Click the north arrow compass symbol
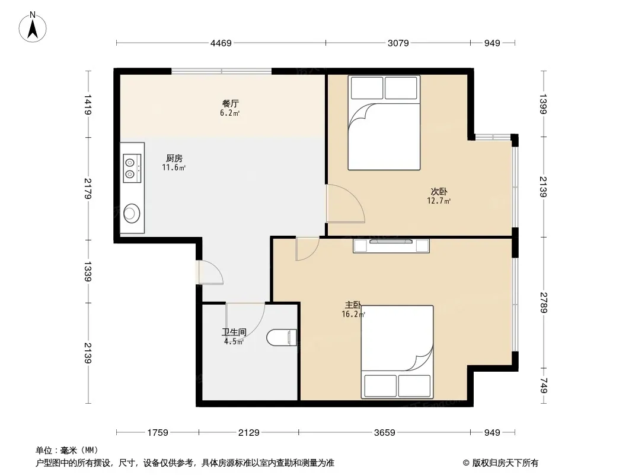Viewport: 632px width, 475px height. [33, 27]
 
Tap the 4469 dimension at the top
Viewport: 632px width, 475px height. [221, 43]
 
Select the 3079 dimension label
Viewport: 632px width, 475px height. [398, 43]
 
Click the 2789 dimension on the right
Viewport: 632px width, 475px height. [543, 303]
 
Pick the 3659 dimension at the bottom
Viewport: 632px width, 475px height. [385, 433]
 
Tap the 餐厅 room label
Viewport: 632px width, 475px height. [230, 103]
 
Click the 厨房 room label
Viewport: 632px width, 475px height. [174, 158]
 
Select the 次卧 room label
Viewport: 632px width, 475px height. [439, 191]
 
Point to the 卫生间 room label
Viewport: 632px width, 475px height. [234, 332]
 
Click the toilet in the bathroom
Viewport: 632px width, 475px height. [282, 337]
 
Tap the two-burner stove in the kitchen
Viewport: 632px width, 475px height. [132, 168]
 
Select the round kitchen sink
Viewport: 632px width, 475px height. [132, 213]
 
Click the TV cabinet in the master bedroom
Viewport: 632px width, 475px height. [391, 246]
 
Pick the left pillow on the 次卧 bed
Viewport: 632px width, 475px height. [367, 88]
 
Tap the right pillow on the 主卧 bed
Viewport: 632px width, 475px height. [414, 386]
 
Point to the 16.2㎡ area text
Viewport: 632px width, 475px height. [353, 314]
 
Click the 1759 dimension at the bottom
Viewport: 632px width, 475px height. [158, 433]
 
